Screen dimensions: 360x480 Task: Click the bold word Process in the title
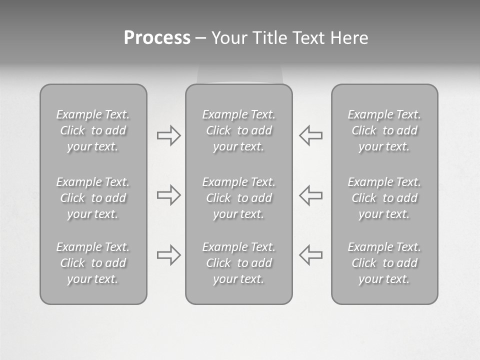[x=157, y=38]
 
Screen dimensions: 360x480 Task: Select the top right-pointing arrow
[x=168, y=135]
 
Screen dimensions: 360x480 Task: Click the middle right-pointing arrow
[x=168, y=195]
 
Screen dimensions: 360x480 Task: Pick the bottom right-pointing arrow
[x=168, y=255]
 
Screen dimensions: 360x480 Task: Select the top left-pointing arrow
[x=311, y=135]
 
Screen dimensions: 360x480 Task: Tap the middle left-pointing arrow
[x=311, y=195]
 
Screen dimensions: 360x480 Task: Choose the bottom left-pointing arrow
[x=311, y=255]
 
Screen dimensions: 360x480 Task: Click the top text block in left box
[x=93, y=130]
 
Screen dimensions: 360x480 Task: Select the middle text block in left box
[x=93, y=198]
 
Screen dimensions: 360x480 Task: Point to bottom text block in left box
[x=93, y=263]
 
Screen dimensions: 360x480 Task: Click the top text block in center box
[x=238, y=130]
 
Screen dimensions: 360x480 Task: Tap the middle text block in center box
[x=238, y=198]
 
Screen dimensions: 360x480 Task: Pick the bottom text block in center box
[x=238, y=263]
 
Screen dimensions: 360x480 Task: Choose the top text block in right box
[x=384, y=130]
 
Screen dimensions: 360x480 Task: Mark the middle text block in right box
[x=384, y=198]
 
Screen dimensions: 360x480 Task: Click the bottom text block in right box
[x=384, y=263]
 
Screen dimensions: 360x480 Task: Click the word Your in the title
[x=228, y=38]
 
